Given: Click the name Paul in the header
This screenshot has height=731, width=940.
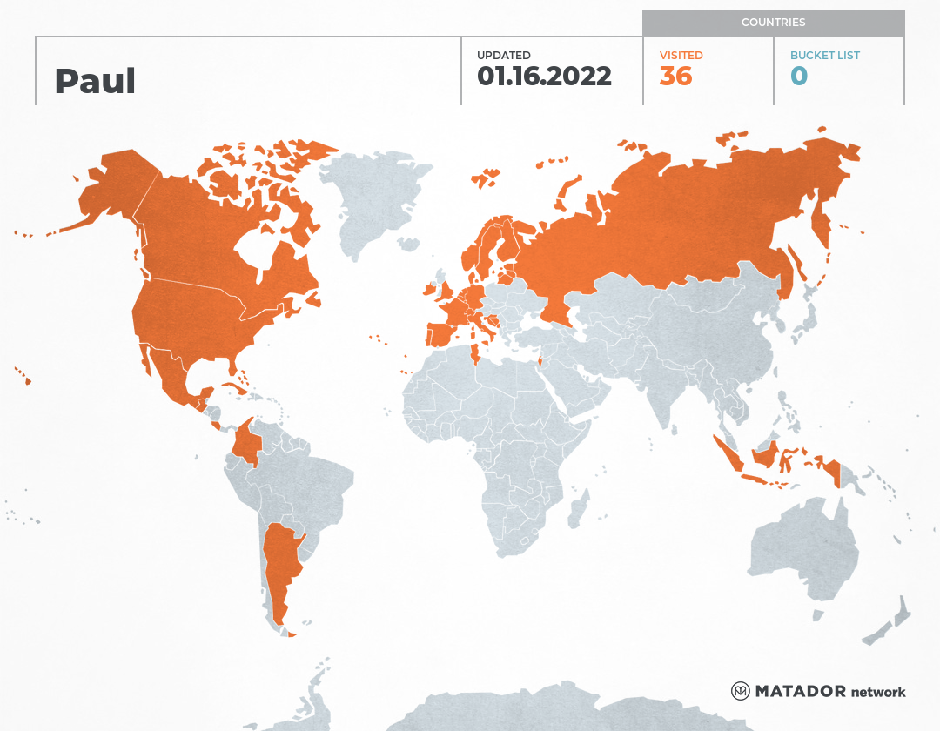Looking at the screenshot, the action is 95,81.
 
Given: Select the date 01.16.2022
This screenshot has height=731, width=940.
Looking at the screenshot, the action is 544,77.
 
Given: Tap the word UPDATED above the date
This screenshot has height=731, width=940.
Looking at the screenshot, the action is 503,56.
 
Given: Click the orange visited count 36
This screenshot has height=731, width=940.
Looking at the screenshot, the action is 675,77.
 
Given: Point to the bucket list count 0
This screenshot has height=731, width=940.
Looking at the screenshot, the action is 798,77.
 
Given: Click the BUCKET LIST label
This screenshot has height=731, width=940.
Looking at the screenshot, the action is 824,56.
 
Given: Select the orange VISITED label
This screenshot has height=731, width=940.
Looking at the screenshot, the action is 681,56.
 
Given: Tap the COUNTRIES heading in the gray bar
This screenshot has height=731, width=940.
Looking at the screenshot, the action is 773,23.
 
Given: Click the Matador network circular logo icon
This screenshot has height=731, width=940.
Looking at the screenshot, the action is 740,691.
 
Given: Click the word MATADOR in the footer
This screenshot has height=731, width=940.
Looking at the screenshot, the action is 800,691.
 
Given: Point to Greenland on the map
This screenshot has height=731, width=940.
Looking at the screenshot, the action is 374,200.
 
